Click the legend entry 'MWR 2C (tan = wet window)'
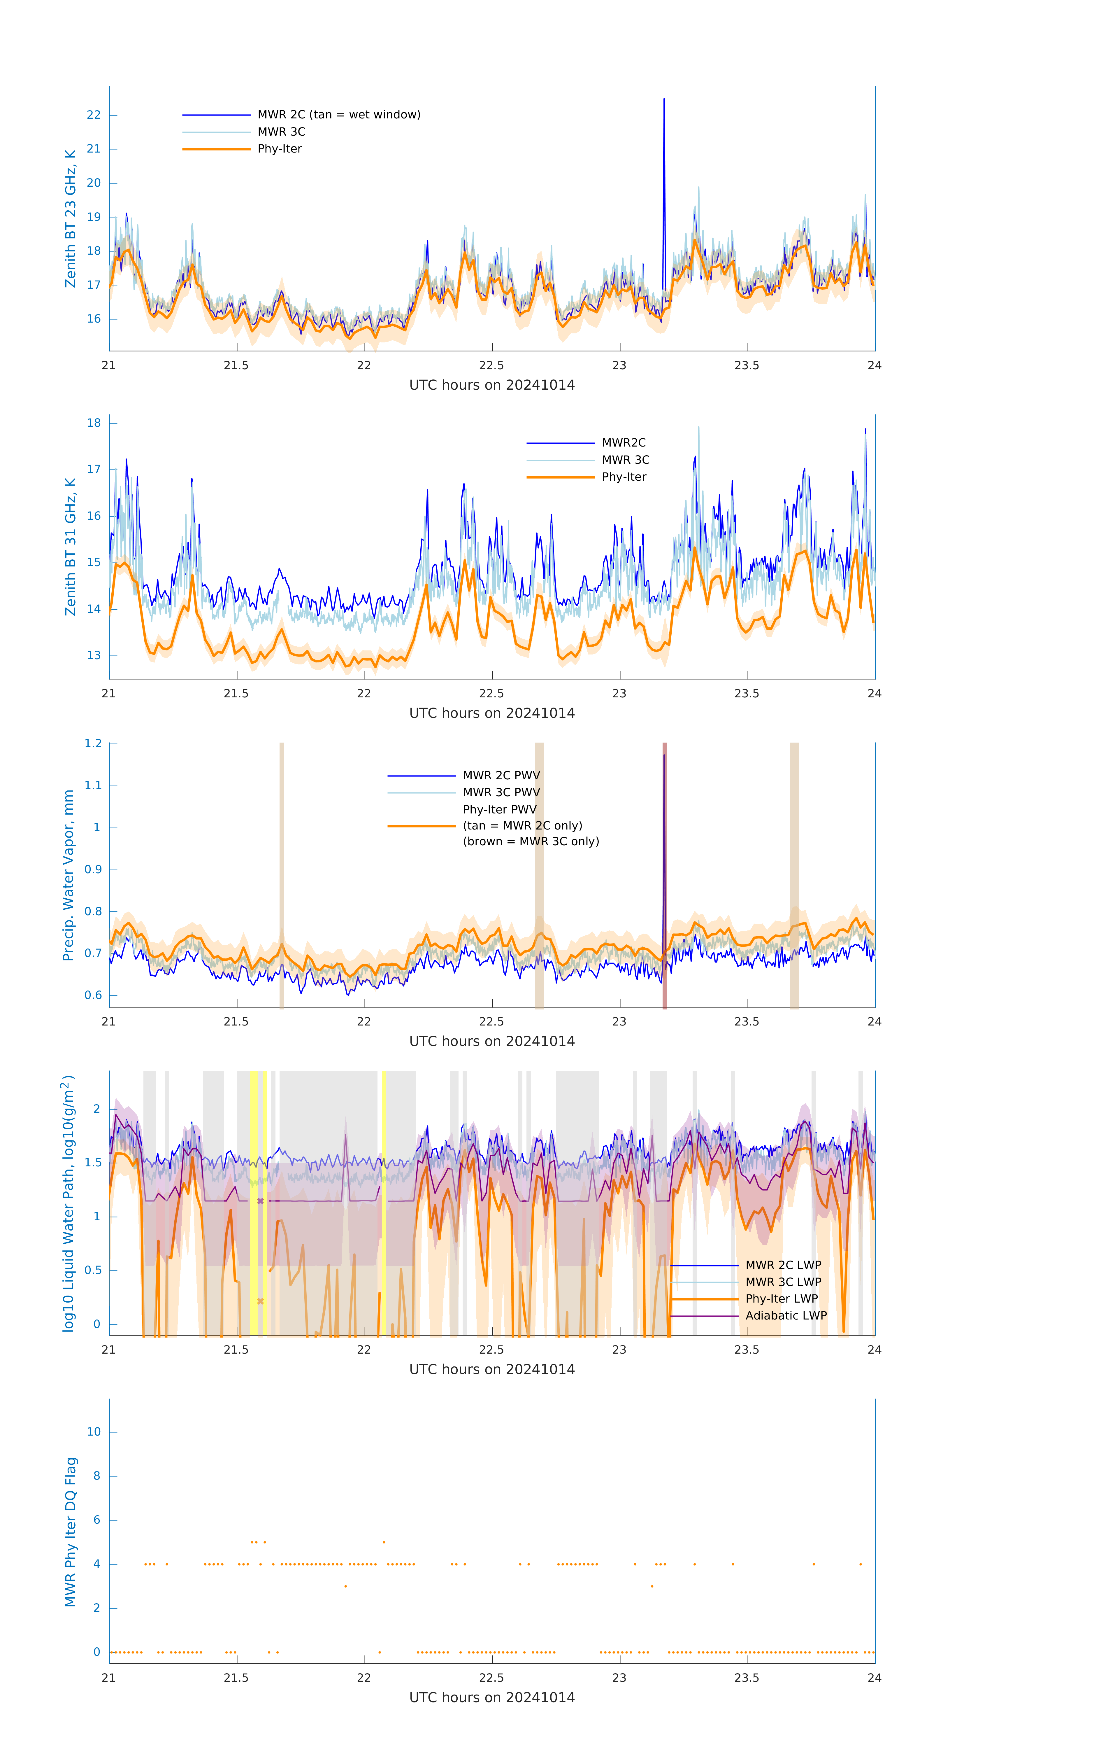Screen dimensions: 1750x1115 [x=338, y=115]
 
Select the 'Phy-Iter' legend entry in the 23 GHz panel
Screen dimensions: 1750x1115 [x=280, y=149]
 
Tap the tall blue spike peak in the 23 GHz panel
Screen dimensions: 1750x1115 [x=663, y=99]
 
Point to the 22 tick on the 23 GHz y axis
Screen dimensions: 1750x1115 [x=94, y=115]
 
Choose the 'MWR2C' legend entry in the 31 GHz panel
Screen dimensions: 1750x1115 [x=623, y=442]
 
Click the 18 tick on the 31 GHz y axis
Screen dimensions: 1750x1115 [x=94, y=423]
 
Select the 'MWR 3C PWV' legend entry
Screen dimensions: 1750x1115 [x=501, y=792]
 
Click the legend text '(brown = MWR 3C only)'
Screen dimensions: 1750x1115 [x=531, y=841]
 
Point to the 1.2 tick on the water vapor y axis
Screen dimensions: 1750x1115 [x=93, y=743]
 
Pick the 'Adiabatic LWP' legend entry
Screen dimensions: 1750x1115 [x=786, y=1315]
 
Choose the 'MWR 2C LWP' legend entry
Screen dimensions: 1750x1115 [x=783, y=1265]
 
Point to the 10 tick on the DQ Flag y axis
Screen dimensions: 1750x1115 [x=94, y=1432]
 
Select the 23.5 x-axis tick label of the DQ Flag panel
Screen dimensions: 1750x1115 [x=747, y=1678]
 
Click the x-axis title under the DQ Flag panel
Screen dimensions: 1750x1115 [x=492, y=1698]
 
